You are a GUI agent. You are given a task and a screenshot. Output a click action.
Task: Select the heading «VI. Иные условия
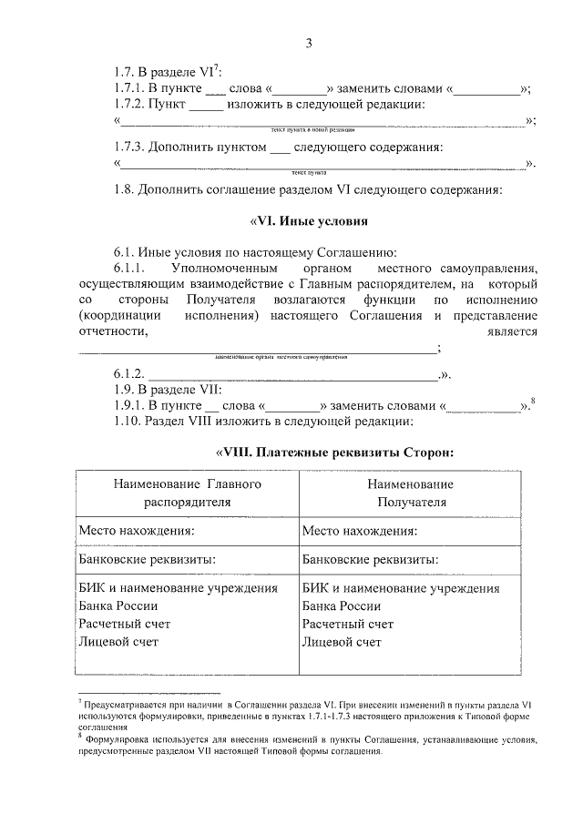click(308, 220)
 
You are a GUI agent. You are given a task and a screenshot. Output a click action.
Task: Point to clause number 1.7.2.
click(129, 105)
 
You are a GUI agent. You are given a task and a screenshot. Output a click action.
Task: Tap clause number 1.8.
click(126, 189)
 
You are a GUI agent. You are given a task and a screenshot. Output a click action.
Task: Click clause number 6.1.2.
click(128, 374)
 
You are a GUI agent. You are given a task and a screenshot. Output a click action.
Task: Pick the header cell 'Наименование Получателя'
click(412, 493)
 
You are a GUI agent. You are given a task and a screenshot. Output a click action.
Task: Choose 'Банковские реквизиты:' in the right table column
click(369, 559)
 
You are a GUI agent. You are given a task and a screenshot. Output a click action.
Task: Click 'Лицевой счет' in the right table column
click(342, 642)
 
